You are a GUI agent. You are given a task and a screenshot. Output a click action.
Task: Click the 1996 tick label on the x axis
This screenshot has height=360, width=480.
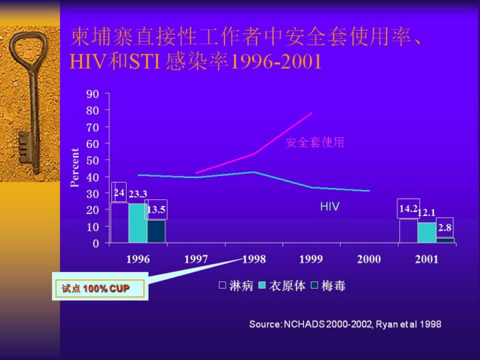point(138,259)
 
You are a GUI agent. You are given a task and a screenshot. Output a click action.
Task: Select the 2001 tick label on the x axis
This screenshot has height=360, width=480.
point(427,259)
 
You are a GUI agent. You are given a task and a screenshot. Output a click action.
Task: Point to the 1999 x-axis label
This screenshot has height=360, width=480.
point(311,259)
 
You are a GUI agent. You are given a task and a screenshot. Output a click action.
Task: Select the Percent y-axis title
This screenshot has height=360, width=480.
point(75,167)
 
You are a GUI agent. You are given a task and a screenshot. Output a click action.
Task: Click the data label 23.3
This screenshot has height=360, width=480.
point(138,195)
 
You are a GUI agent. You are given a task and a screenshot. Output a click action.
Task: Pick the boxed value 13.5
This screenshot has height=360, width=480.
point(156,209)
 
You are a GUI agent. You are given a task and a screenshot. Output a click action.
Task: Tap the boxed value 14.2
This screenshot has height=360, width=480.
point(408,209)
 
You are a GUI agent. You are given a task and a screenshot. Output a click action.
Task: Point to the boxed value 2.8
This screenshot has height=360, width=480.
point(445,227)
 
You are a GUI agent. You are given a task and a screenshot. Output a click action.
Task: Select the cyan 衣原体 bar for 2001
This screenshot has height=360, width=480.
point(427,233)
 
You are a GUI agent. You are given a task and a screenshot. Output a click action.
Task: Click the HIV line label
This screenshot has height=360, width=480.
point(329,207)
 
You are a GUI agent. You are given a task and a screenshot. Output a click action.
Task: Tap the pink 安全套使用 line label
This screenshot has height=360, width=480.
point(315,143)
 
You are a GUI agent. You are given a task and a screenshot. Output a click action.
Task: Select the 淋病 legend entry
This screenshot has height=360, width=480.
point(236,286)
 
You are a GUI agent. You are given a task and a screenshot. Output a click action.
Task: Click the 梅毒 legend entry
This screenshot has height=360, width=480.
point(329,286)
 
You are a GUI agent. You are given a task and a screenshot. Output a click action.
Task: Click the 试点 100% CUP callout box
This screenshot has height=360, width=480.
point(100,289)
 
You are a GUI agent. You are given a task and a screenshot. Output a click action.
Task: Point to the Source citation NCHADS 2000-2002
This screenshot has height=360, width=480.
point(345,324)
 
